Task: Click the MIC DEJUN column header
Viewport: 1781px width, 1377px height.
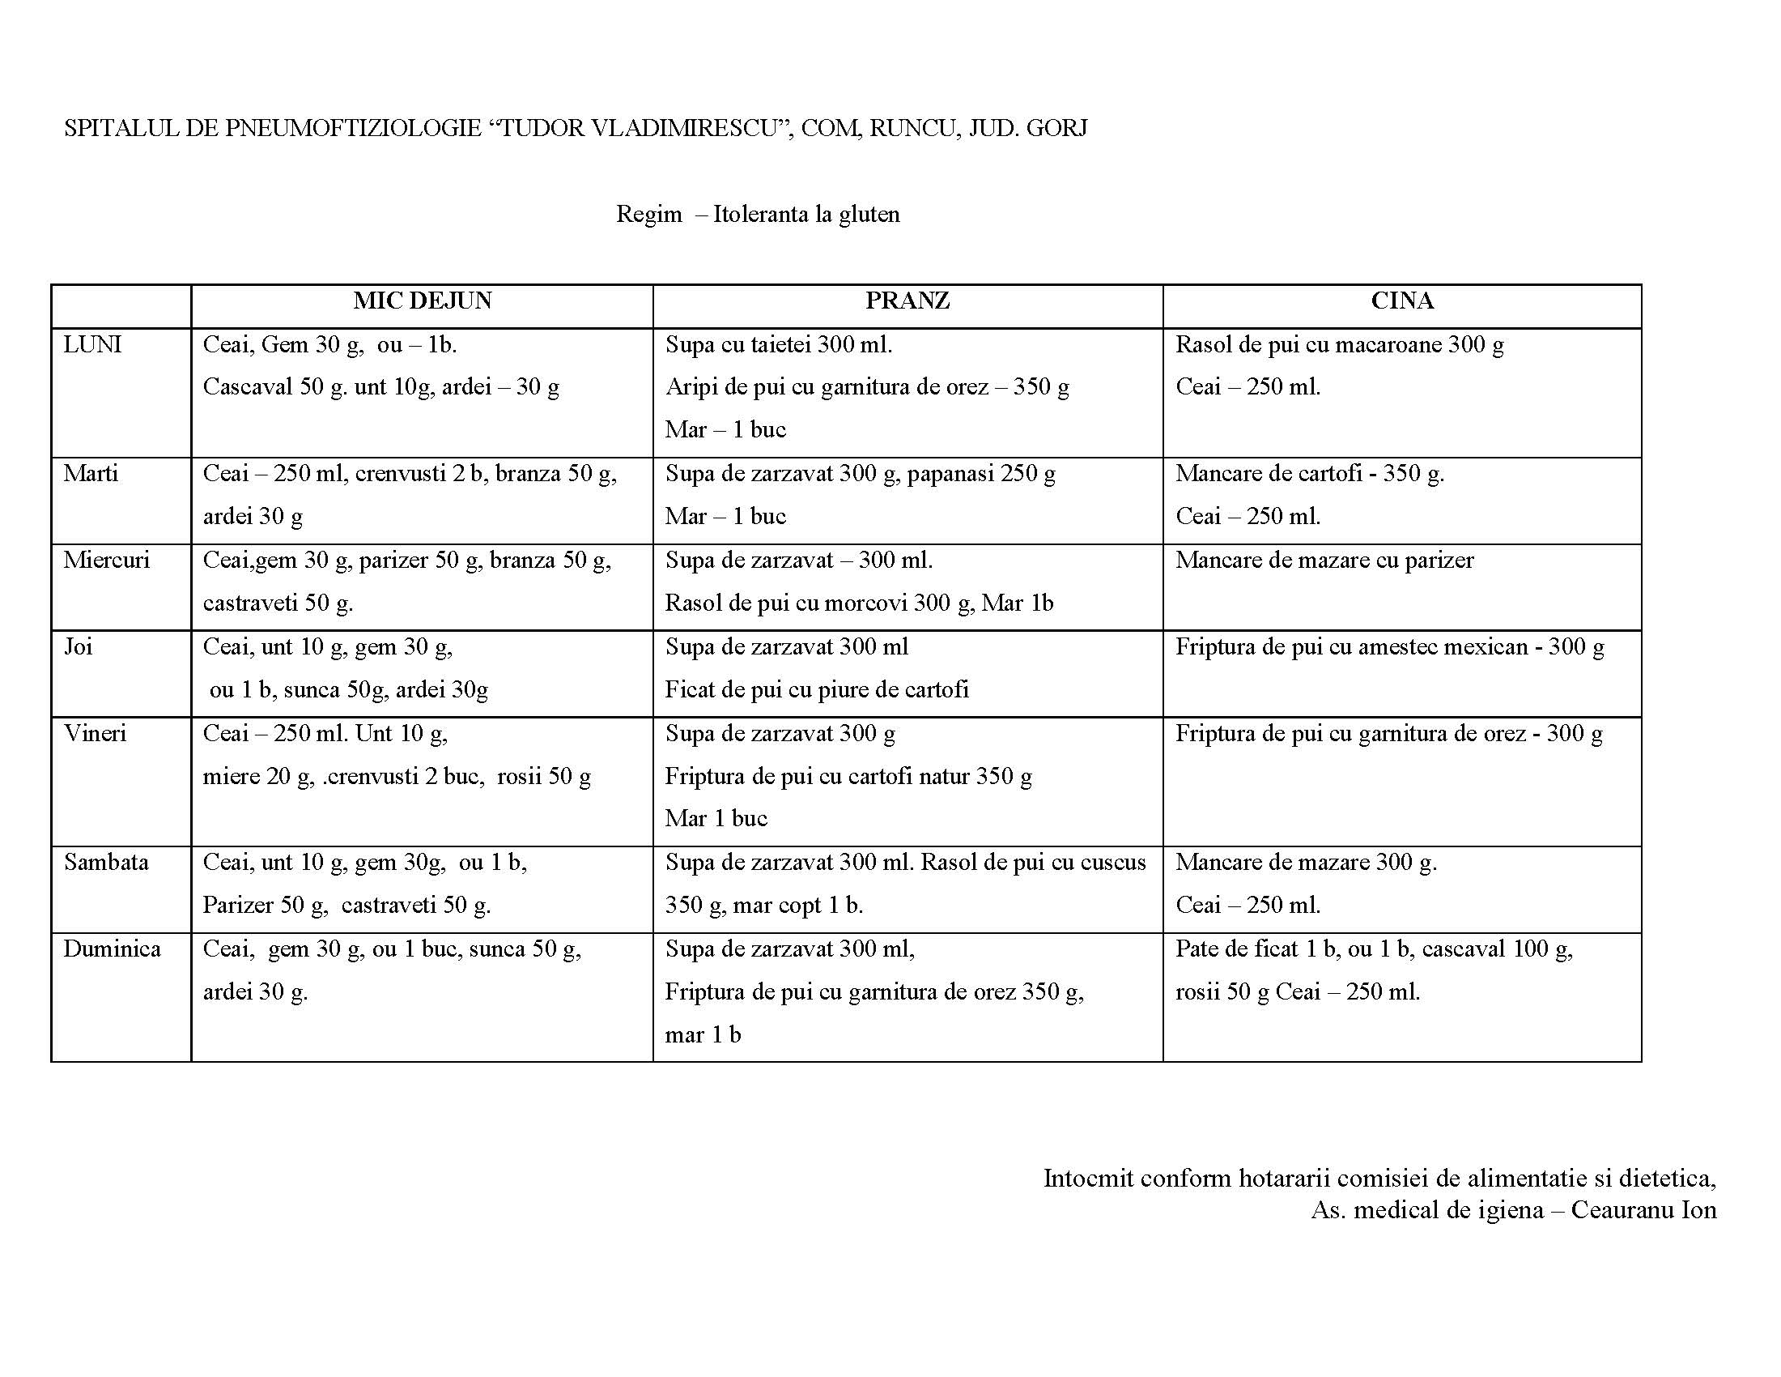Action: [x=423, y=301]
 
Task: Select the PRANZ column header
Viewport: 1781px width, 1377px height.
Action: [x=907, y=301]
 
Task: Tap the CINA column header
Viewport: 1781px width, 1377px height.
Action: [x=1402, y=301]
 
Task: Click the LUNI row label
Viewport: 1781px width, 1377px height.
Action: [x=92, y=344]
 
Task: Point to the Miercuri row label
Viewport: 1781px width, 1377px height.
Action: [x=107, y=561]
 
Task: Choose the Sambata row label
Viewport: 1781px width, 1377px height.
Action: [x=106, y=863]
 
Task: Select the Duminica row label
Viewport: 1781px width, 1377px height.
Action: [x=113, y=949]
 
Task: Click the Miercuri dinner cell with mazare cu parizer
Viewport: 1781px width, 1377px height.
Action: [x=1324, y=561]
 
